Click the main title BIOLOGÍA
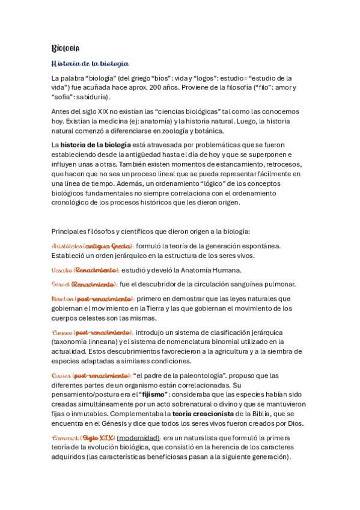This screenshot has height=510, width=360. [x=66, y=48]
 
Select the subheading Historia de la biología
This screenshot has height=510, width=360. [x=90, y=63]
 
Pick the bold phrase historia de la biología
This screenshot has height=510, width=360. [x=96, y=145]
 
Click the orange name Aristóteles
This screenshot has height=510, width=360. [x=67, y=245]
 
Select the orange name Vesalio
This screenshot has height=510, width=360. [x=61, y=270]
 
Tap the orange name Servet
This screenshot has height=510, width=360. [x=60, y=284]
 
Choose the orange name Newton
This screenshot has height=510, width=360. [x=63, y=298]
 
